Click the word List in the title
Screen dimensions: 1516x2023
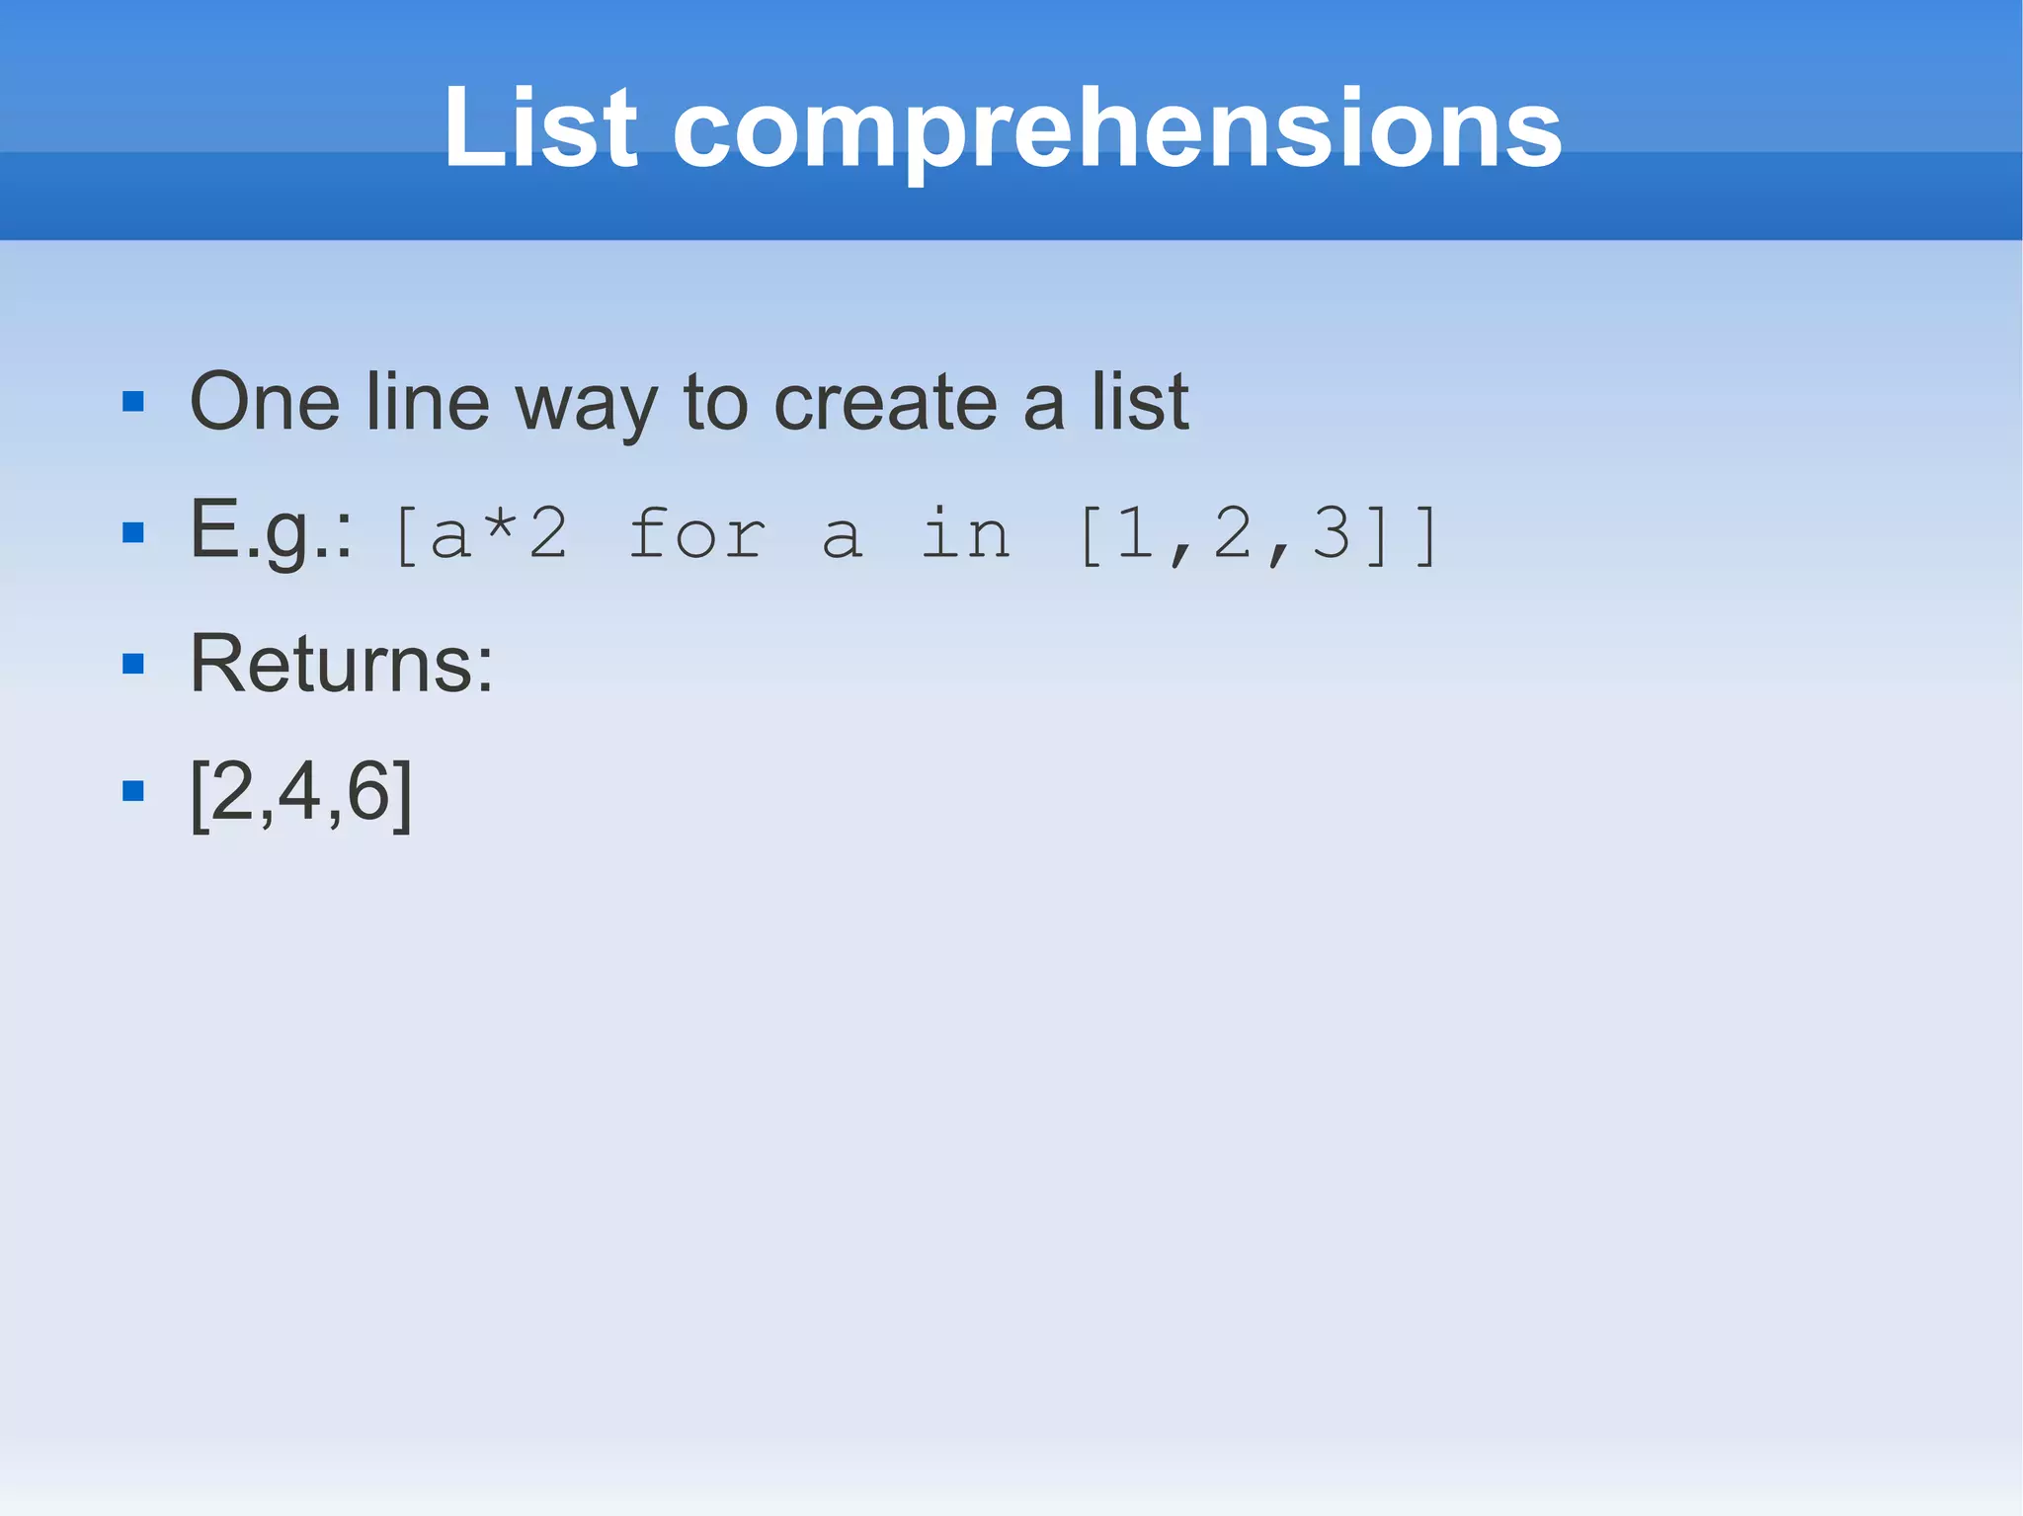(x=540, y=128)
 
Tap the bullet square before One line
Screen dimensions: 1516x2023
(x=133, y=402)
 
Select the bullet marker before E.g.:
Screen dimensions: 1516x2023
(x=133, y=533)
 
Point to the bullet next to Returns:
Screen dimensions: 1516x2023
(x=133, y=664)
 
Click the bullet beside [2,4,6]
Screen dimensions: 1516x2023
(x=133, y=791)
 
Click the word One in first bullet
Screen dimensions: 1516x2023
(x=265, y=402)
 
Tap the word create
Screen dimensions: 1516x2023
(x=885, y=403)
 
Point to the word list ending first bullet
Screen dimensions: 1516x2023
(x=1140, y=402)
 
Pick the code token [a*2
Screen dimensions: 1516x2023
(x=480, y=534)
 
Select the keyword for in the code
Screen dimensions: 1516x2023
(x=697, y=534)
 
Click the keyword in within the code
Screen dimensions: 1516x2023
(x=965, y=534)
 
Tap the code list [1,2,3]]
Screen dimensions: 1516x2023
(x=1258, y=534)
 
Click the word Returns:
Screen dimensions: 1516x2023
(x=341, y=664)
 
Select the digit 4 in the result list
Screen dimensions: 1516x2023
(x=299, y=791)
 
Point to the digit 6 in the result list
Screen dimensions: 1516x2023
(x=367, y=791)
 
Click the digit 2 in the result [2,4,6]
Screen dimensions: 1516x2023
(x=232, y=791)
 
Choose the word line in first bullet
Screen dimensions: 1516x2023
(x=427, y=402)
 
